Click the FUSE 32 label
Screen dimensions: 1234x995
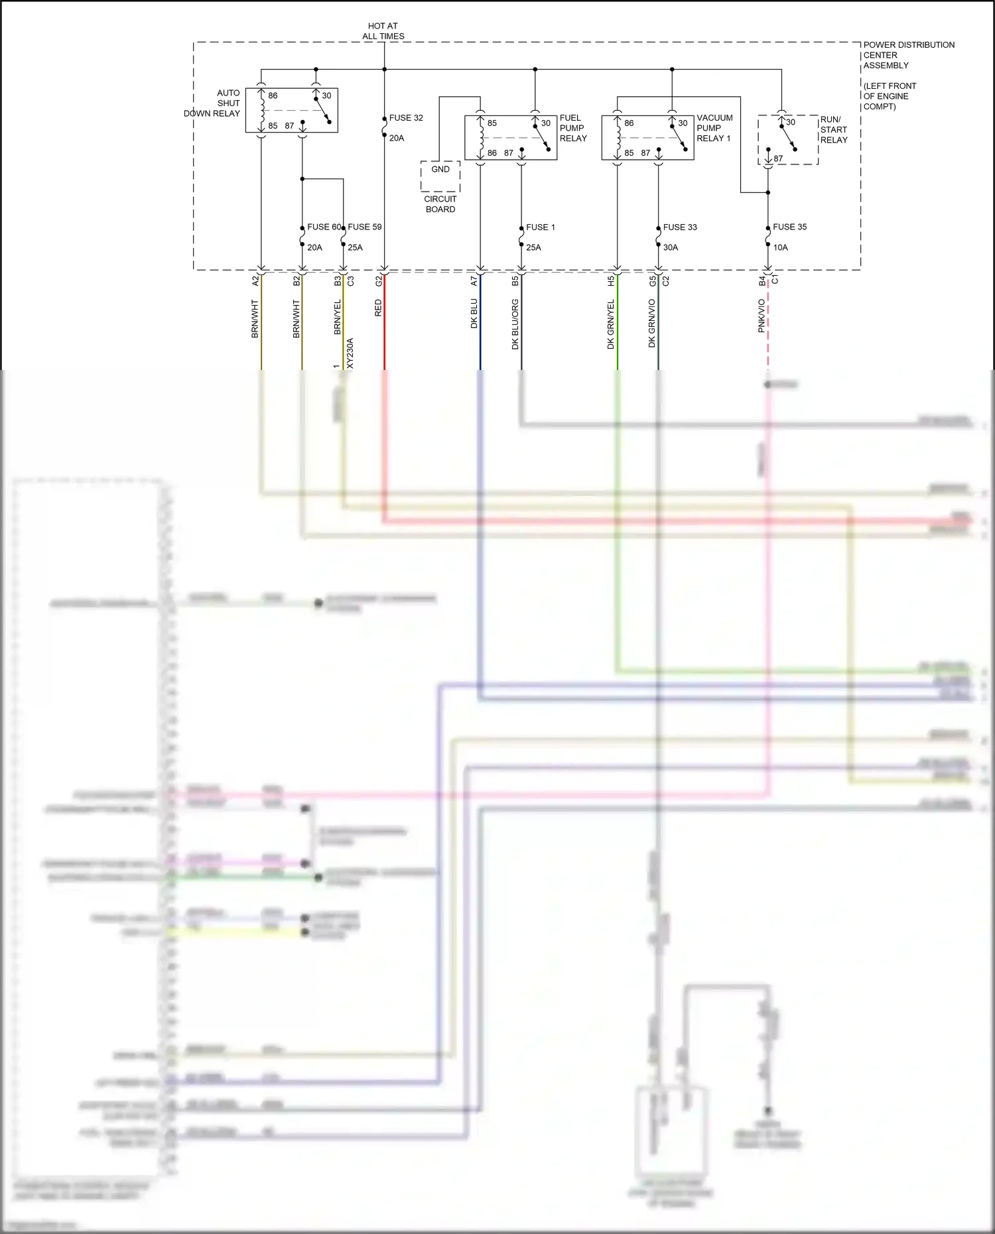point(406,118)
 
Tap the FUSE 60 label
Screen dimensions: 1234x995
point(324,227)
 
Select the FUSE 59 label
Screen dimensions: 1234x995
point(365,227)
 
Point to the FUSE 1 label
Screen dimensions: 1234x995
point(540,227)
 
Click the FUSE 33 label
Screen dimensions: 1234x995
point(680,227)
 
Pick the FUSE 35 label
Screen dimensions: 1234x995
point(789,227)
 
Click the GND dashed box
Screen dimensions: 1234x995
point(440,176)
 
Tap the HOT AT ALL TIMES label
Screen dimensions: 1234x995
point(383,31)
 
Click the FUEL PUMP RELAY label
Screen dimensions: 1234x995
point(573,128)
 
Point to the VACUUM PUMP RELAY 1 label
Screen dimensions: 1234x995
point(714,128)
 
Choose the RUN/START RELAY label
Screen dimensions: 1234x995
point(834,130)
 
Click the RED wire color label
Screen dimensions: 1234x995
point(379,308)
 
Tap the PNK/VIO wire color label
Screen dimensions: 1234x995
point(762,316)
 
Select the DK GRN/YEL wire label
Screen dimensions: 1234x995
point(611,324)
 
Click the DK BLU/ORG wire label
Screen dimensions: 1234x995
point(515,324)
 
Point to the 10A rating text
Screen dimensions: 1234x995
point(780,247)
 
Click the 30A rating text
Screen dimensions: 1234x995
point(671,247)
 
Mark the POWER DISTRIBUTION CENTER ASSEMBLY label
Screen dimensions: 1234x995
point(909,55)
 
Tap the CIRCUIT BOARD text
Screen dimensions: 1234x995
point(440,204)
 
